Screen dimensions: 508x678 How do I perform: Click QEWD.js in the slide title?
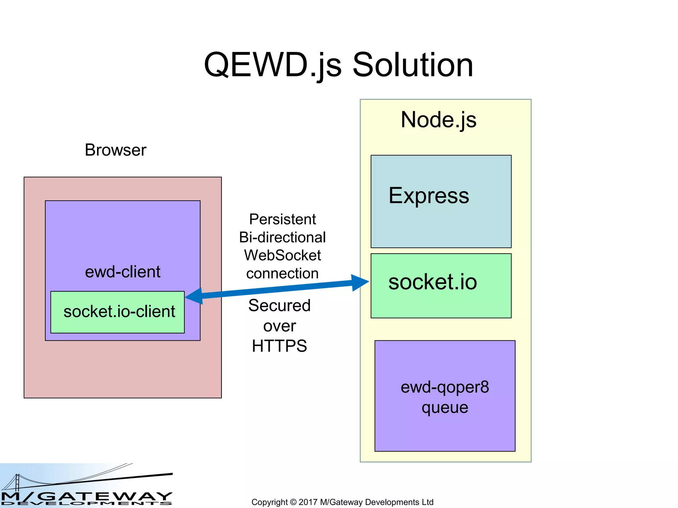click(272, 65)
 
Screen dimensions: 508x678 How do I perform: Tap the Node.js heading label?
click(438, 120)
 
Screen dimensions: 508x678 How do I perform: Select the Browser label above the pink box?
click(115, 150)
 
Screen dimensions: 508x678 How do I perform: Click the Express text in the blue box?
click(429, 195)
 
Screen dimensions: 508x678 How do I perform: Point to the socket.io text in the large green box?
click(432, 282)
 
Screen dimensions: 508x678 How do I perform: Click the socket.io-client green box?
click(118, 312)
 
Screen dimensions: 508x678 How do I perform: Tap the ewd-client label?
click(122, 272)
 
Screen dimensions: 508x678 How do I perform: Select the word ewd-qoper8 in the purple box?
click(445, 387)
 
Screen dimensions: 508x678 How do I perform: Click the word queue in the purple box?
click(445, 407)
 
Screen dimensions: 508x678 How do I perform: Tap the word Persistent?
click(282, 219)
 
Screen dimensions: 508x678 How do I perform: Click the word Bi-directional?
click(282, 237)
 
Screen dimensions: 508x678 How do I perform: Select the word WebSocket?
click(282, 255)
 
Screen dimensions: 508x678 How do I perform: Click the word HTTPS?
click(279, 346)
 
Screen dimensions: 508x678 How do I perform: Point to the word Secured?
click(279, 306)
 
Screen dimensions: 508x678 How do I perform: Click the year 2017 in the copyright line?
click(308, 502)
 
